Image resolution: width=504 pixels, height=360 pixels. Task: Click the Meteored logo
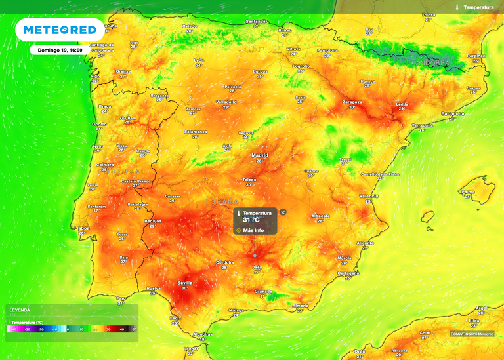[x=60, y=30]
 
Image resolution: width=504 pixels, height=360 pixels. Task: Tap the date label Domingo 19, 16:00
[x=60, y=49]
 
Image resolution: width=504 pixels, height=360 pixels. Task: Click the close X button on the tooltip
[x=283, y=212]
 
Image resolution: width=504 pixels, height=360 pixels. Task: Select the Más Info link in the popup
[x=253, y=230]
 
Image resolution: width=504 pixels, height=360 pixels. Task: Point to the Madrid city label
[x=260, y=155]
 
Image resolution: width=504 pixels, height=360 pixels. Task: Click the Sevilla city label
[x=185, y=283]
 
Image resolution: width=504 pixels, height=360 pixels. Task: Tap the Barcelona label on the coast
[x=453, y=113]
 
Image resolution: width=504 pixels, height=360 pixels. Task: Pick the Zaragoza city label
[x=352, y=102]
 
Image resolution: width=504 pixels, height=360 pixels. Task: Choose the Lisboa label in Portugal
[x=83, y=228]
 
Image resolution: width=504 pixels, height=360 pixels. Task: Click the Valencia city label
[x=369, y=195]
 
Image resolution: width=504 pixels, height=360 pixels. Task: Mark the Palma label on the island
[x=468, y=192]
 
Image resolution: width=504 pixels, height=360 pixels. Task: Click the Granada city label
[x=263, y=290]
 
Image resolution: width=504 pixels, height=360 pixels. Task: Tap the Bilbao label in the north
[x=285, y=30]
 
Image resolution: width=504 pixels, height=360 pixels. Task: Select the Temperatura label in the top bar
[x=478, y=7]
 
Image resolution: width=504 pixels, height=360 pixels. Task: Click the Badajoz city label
[x=152, y=221]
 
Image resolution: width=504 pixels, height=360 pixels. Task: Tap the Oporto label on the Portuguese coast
[x=100, y=124]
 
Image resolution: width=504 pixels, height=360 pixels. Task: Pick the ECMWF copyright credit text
[x=472, y=334]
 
